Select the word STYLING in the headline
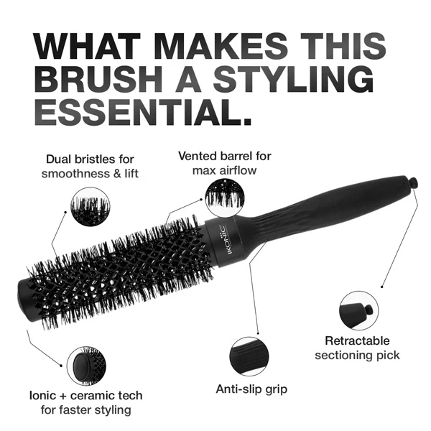293,78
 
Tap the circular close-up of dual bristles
91,207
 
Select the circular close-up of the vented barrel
225,197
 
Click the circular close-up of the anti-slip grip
249,356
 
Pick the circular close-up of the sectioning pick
358,310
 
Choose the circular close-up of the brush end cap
86,366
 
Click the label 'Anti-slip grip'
251,389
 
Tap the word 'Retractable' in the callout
357,340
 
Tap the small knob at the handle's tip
413,183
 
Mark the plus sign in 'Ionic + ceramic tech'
63,396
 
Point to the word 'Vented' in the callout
195,156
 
